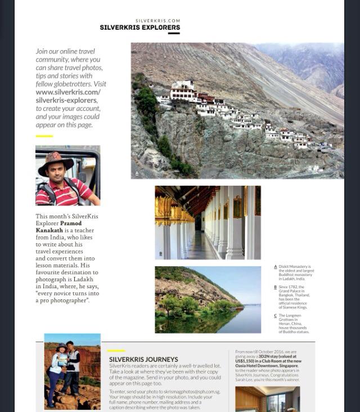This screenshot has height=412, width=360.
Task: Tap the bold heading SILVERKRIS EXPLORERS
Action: pyautogui.click(x=140, y=27)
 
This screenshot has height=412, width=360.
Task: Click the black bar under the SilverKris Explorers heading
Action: pyautogui.click(x=173, y=33)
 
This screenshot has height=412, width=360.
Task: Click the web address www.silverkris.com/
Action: pyautogui.click(x=68, y=92)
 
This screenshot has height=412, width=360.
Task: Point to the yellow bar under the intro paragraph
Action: pyautogui.click(x=44, y=136)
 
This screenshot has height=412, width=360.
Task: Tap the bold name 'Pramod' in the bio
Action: pyautogui.click(x=70, y=223)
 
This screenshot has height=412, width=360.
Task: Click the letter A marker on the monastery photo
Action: pyautogui.click(x=137, y=174)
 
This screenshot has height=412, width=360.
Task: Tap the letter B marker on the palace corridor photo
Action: pyautogui.click(x=161, y=254)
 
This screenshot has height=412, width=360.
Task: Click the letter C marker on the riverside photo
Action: pyautogui.click(x=161, y=328)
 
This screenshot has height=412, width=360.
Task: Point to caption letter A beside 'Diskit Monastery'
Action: pyautogui.click(x=275, y=267)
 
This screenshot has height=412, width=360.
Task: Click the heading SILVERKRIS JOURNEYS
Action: pyautogui.click(x=143, y=359)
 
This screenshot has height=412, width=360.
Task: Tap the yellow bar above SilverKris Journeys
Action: pyautogui.click(x=116, y=351)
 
